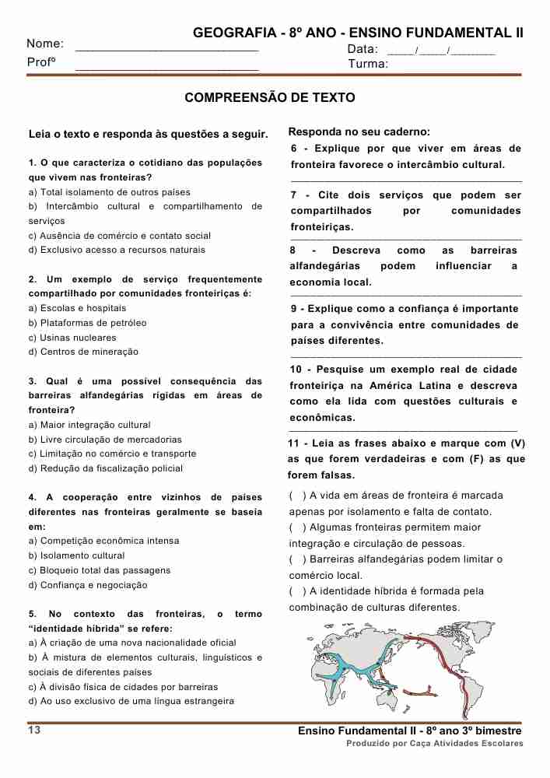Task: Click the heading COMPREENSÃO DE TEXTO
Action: (x=269, y=98)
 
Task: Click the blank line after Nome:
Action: (x=166, y=50)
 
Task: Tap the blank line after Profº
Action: (x=166, y=69)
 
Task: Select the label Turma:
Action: (x=368, y=64)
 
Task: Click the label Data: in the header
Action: (x=363, y=49)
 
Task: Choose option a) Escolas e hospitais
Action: (x=66, y=308)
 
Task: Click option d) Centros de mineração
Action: (x=83, y=352)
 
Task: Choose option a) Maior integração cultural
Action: (x=89, y=425)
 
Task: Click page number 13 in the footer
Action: (x=34, y=730)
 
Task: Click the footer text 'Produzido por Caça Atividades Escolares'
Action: (x=434, y=744)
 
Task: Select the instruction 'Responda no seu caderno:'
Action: (x=359, y=132)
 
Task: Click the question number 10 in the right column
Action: (x=296, y=370)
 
